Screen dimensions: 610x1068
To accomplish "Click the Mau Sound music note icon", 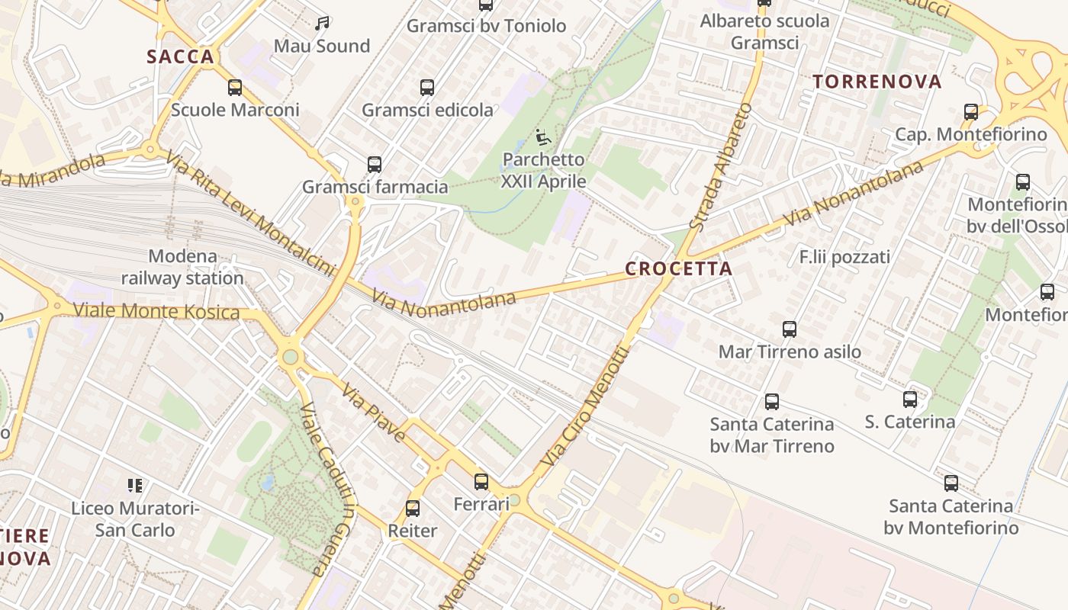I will point(322,24).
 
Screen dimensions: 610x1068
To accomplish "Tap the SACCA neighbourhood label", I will point(180,56).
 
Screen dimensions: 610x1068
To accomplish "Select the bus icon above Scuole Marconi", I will point(235,88).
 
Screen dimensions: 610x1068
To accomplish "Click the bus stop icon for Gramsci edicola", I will point(427,88).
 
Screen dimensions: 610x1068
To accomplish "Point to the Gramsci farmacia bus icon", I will point(375,165).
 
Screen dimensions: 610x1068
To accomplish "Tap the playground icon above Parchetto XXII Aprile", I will point(543,138).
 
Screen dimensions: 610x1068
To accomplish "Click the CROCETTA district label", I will point(678,268).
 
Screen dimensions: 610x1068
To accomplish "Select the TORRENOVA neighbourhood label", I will point(877,82).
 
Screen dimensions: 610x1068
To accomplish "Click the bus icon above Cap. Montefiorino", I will point(971,112).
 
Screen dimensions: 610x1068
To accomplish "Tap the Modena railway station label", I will point(182,267).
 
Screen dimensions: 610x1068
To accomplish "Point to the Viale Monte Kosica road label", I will point(156,311).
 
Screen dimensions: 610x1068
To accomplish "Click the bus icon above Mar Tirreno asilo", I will point(790,329).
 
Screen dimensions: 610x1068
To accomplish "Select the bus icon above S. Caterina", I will point(909,400).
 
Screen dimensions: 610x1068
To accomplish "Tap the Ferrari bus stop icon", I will point(481,482).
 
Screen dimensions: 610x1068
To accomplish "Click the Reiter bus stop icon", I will point(413,509).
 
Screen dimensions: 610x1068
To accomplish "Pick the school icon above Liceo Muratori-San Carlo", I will point(135,486).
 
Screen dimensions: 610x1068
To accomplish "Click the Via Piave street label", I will point(373,413).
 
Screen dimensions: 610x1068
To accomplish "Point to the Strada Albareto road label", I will point(720,167).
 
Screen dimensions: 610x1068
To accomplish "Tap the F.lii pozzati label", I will point(844,257).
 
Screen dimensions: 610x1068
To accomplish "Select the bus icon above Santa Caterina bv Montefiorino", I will point(951,483).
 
